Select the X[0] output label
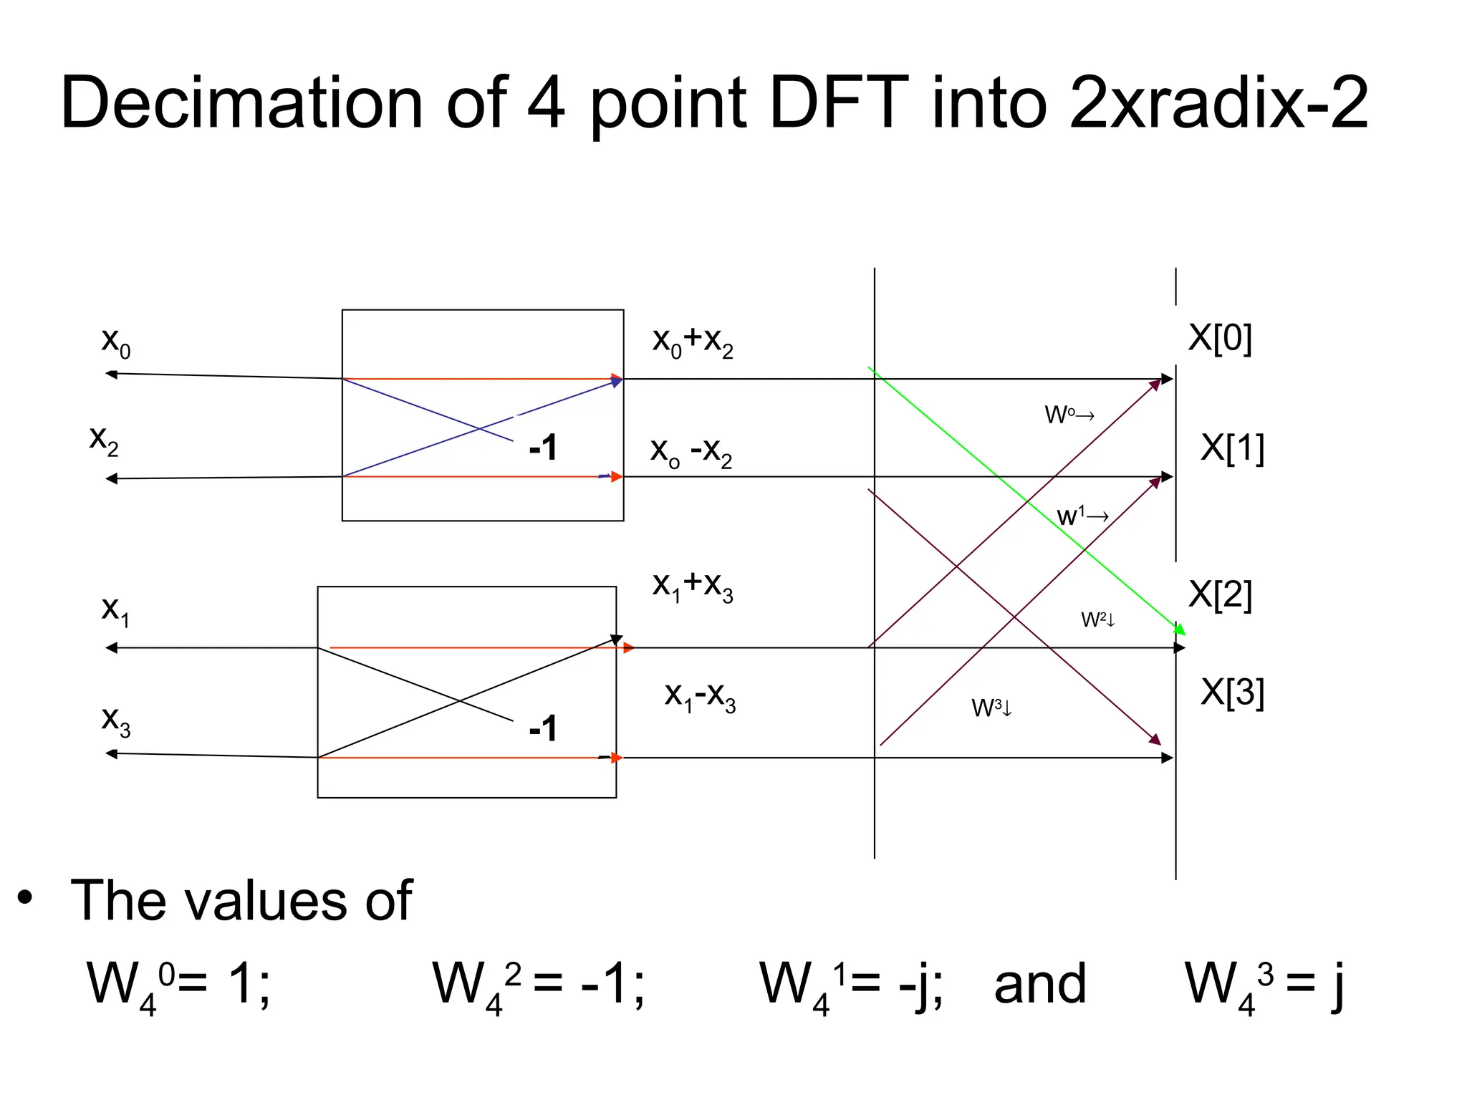coord(1220,337)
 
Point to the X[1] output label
coord(1232,448)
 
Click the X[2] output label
coord(1220,594)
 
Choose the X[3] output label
coord(1232,693)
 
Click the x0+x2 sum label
coord(693,341)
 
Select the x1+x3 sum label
coord(693,586)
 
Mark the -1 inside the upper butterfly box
coord(543,448)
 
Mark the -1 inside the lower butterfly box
coord(543,729)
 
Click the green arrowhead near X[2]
coord(1179,629)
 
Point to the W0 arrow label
coord(1069,415)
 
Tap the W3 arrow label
coord(991,708)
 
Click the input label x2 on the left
coord(104,439)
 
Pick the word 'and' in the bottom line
coord(1040,984)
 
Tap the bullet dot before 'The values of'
coord(26,898)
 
